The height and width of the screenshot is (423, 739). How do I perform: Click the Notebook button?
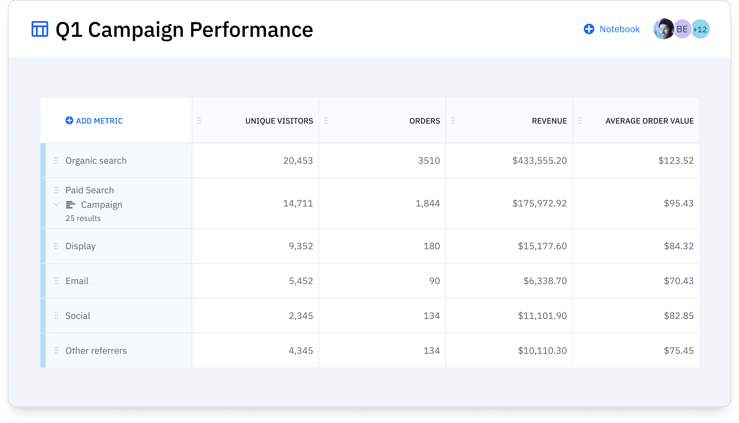tap(611, 29)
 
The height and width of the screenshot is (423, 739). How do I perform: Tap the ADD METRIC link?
tap(94, 121)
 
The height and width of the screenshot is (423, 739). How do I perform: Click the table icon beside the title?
tap(40, 29)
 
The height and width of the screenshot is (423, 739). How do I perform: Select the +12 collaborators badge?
tap(701, 29)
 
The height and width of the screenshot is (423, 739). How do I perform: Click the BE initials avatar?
tap(682, 29)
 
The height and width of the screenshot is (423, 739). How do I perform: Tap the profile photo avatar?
tap(663, 29)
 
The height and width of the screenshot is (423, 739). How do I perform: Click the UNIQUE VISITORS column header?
tap(279, 121)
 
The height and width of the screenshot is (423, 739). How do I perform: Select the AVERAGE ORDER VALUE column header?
tap(649, 121)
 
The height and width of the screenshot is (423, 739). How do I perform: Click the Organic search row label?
tap(96, 161)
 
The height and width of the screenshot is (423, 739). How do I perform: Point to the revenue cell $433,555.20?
tap(539, 161)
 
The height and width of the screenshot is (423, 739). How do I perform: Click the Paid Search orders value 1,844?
tap(427, 203)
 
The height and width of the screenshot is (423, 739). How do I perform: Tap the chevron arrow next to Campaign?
tap(56, 204)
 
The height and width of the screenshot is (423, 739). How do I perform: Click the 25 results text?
tap(83, 218)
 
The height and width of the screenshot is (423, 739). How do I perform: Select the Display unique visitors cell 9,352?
tap(301, 246)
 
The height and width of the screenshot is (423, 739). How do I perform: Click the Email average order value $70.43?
tap(679, 281)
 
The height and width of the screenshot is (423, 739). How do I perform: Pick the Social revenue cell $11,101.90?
tap(542, 316)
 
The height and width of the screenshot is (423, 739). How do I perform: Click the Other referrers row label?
tap(96, 351)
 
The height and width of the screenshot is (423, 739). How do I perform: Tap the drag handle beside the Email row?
tap(56, 281)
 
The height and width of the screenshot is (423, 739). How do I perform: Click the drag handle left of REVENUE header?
tap(453, 121)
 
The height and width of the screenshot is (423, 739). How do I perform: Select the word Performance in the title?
tap(251, 30)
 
